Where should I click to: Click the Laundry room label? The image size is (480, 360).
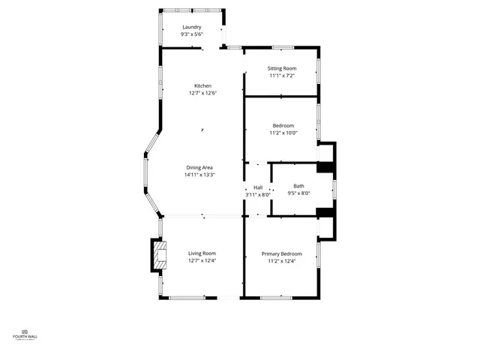click(x=191, y=27)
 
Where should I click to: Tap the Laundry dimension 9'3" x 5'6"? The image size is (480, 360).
click(x=191, y=34)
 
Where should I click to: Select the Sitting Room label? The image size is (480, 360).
click(x=282, y=68)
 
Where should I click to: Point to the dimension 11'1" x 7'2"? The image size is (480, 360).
click(x=282, y=76)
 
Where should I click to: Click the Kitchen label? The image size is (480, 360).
click(x=202, y=85)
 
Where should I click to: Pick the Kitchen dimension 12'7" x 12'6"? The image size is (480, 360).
click(x=202, y=93)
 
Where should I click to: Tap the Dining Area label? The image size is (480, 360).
click(x=200, y=167)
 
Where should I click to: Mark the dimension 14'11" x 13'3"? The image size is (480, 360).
click(x=200, y=175)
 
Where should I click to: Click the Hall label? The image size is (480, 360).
click(x=258, y=187)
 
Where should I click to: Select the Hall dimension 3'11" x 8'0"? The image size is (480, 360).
click(x=257, y=195)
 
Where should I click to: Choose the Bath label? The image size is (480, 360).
click(x=298, y=186)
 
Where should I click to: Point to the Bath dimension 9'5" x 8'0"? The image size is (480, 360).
click(x=298, y=193)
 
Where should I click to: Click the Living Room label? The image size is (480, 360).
click(x=202, y=253)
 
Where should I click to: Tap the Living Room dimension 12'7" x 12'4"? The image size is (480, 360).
click(x=202, y=260)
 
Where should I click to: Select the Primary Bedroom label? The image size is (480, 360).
click(x=282, y=253)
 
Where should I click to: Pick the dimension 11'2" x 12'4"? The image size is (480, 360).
click(x=282, y=261)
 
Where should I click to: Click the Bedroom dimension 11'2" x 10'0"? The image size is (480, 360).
click(x=283, y=133)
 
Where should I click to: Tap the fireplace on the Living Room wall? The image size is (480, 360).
click(x=158, y=256)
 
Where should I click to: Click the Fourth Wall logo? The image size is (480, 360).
click(x=25, y=334)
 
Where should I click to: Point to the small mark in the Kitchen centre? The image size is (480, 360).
click(x=202, y=130)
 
